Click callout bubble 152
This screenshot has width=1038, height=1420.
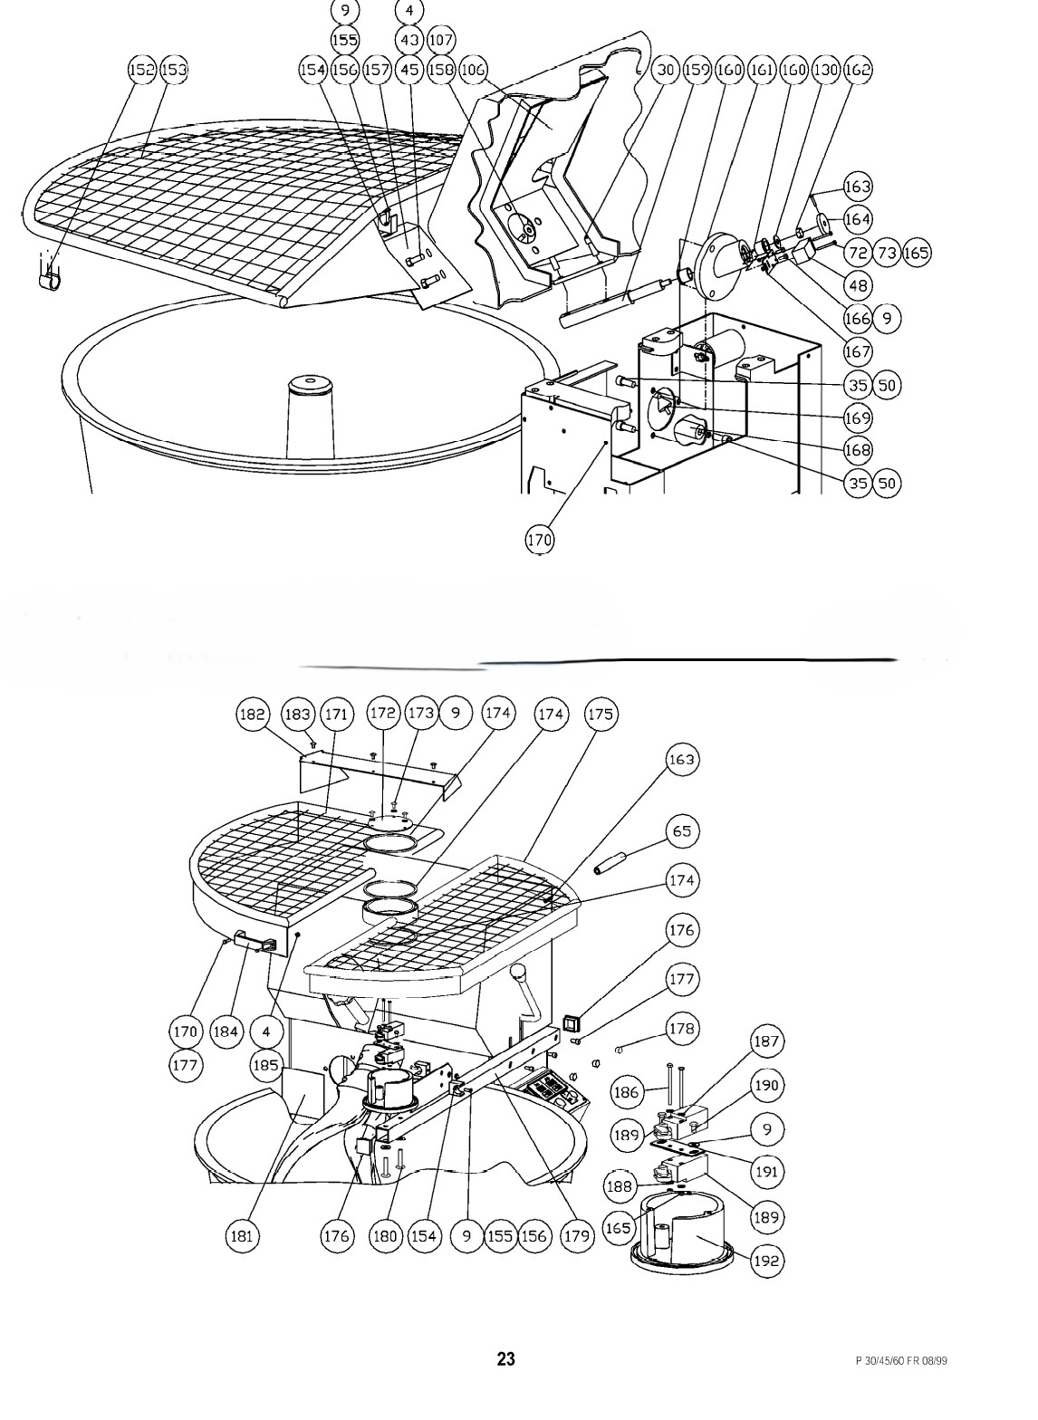[142, 69]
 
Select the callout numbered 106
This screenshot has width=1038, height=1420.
[473, 69]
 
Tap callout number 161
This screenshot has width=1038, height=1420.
[762, 69]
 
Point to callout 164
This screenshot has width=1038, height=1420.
[858, 219]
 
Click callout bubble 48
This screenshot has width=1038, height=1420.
[858, 285]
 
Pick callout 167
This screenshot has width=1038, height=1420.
[858, 351]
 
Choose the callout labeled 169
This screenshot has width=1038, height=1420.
[858, 417]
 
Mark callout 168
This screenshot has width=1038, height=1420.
[858, 449]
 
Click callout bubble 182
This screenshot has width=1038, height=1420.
[253, 714]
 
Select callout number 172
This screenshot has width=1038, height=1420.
[383, 713]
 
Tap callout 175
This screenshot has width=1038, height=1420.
[601, 714]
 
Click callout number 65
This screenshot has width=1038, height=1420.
[682, 830]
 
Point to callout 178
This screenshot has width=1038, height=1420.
[682, 1028]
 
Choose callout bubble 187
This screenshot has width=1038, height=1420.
[766, 1041]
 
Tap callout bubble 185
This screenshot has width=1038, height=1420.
[265, 1064]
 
